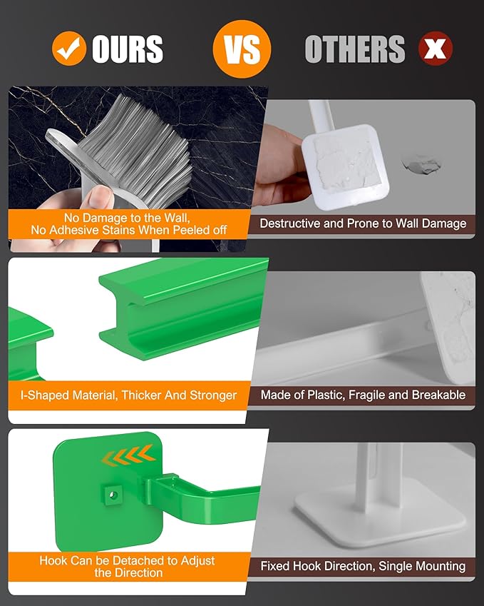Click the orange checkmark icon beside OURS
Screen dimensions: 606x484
pyautogui.click(x=70, y=49)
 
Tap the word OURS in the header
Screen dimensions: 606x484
pyautogui.click(x=128, y=49)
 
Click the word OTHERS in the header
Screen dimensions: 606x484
pyautogui.click(x=354, y=49)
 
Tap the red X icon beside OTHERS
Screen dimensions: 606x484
pyautogui.click(x=436, y=49)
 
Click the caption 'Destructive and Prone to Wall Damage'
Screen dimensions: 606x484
pyautogui.click(x=363, y=223)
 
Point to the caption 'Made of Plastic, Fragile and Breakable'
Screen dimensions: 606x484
pyautogui.click(x=363, y=395)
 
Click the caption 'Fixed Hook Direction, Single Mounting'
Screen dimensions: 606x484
pyautogui.click(x=363, y=566)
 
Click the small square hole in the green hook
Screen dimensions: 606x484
pyautogui.click(x=112, y=493)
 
